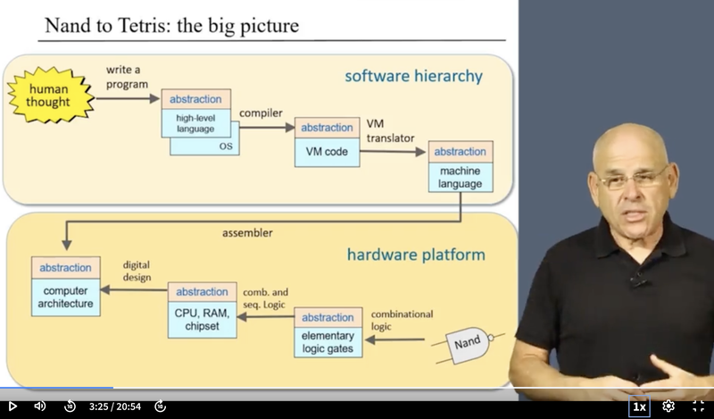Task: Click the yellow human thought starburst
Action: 50,95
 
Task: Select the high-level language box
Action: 195,113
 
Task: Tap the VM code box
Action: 327,142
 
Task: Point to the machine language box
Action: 461,166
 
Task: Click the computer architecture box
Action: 65,286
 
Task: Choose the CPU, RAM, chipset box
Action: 203,310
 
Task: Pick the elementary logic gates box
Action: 328,332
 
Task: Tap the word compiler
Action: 261,113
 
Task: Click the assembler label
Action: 247,233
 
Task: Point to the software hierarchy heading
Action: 413,76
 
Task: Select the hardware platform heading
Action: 416,255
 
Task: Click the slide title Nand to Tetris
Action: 171,26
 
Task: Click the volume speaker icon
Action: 39,406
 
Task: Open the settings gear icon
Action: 668,406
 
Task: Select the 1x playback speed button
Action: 639,406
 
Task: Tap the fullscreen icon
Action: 699,406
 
